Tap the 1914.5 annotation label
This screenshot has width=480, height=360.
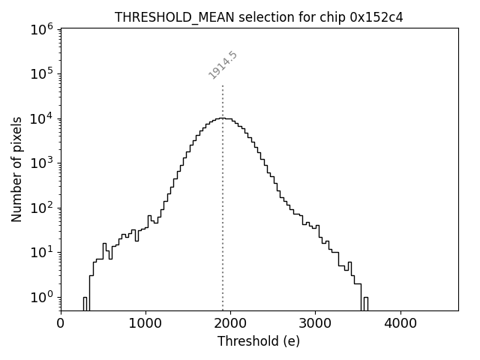(x=223, y=65)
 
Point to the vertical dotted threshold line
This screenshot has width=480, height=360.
(x=223, y=225)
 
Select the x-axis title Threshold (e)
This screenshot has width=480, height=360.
(x=259, y=341)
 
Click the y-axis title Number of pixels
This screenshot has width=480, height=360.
(x=16, y=169)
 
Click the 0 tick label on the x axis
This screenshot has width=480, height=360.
(x=61, y=324)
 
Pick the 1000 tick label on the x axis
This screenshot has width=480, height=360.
(x=145, y=324)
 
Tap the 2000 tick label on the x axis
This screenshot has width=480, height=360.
(x=230, y=324)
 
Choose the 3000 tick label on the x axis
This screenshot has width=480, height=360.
(x=315, y=324)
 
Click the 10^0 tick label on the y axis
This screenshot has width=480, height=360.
(x=42, y=297)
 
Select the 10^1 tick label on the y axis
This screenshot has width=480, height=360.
(x=42, y=252)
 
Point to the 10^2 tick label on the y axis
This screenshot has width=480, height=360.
(x=42, y=208)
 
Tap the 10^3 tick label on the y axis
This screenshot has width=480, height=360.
(x=42, y=163)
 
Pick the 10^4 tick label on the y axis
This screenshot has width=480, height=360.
(x=42, y=118)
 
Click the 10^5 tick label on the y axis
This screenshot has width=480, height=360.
(x=42, y=73)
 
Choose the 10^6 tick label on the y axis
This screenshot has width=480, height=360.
(x=42, y=28)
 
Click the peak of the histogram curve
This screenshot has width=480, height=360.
(x=222, y=118)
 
